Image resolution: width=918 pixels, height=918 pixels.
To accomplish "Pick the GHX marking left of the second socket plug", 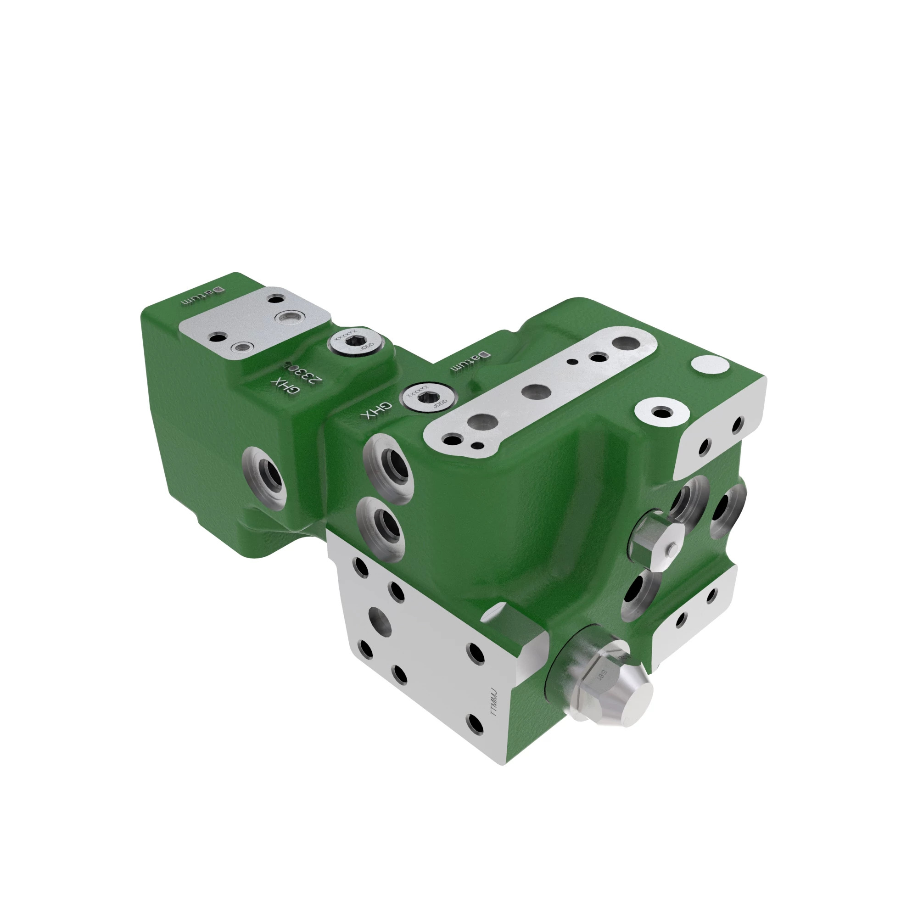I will click(x=376, y=410).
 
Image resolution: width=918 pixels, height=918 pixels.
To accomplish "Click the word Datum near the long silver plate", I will click(x=470, y=361).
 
